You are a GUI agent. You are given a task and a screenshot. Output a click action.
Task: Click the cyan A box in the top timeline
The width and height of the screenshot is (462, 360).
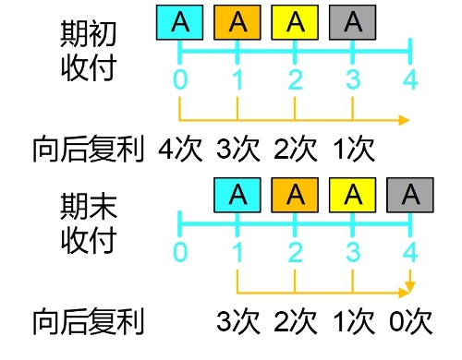pos(180,21)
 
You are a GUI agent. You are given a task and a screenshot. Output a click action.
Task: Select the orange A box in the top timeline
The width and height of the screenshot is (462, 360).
pos(237,21)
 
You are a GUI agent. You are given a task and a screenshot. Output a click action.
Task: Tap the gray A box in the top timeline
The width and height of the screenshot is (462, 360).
pos(352,21)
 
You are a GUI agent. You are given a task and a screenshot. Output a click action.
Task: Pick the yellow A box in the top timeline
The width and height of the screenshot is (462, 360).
pos(295,21)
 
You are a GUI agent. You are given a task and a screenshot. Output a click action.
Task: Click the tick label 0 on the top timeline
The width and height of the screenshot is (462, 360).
pos(180,80)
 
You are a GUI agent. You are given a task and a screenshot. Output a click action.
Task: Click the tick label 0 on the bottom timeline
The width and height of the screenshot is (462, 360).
pos(180,252)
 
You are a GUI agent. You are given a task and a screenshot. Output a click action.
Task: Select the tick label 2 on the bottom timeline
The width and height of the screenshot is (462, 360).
pos(295,252)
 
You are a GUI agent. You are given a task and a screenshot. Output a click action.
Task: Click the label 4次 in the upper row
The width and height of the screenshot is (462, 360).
pos(182,149)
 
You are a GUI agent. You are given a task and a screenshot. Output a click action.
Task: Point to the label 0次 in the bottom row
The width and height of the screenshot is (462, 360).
pos(409,321)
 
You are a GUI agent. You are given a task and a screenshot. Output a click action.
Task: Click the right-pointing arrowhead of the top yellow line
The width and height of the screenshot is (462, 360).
pos(404,120)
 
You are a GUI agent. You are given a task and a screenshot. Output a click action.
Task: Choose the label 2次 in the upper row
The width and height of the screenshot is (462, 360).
pos(296,149)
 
